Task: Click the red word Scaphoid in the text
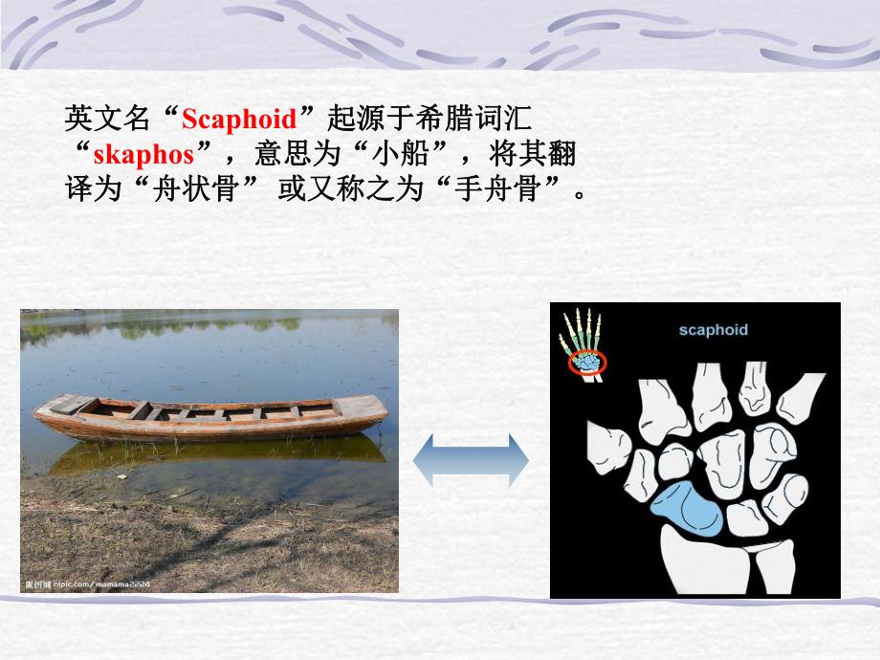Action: coord(240,120)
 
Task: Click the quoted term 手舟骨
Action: coord(505,188)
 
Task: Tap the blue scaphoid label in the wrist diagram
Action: coord(713,330)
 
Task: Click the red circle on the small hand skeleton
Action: coord(584,362)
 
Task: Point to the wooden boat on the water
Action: coord(210,418)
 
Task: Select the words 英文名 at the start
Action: coord(99,120)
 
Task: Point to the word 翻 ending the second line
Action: coord(563,154)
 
